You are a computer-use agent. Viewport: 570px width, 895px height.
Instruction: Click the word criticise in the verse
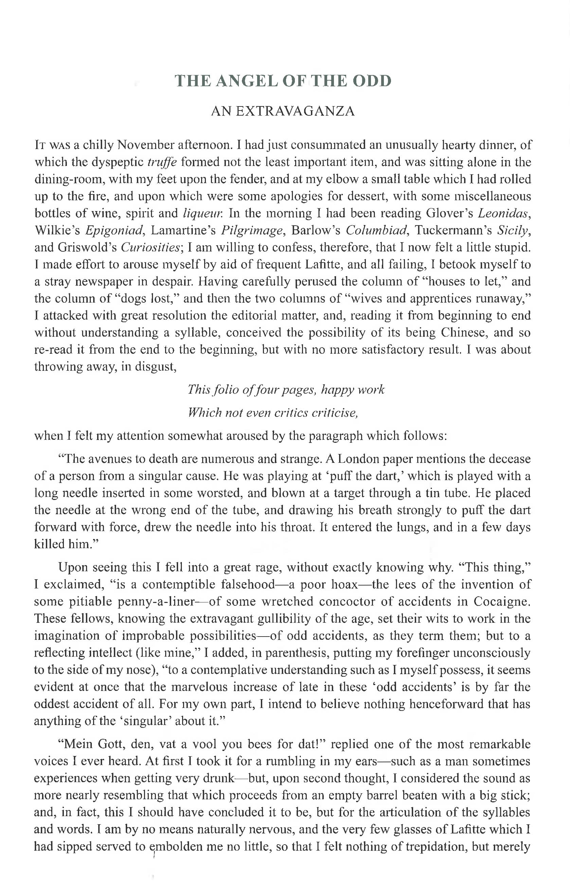click(x=335, y=412)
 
